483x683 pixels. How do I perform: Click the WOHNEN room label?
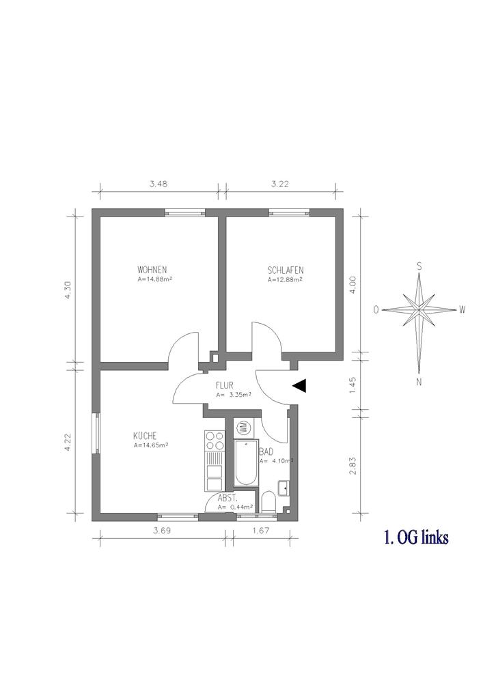click(x=152, y=270)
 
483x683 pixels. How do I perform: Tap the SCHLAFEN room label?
click(x=286, y=270)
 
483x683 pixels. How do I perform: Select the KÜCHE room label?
click(x=145, y=436)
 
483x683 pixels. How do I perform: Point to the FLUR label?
click(x=225, y=385)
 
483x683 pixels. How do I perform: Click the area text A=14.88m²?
click(x=153, y=279)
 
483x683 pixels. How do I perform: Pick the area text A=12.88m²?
click(x=285, y=279)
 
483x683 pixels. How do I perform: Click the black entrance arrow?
click(x=299, y=385)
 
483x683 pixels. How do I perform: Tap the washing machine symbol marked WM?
click(x=243, y=428)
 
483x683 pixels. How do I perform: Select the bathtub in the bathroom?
click(x=246, y=462)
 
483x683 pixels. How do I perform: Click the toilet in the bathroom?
click(x=268, y=502)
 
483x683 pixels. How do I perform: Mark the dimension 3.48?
click(x=158, y=184)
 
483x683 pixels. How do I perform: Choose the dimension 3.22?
click(x=280, y=184)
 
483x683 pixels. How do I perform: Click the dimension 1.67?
click(x=261, y=531)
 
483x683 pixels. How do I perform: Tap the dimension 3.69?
click(x=162, y=531)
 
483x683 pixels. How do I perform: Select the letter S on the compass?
click(x=419, y=266)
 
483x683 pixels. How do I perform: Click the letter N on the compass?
click(x=419, y=382)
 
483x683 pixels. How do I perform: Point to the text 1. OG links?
click(x=416, y=538)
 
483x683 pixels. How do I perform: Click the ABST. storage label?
click(x=227, y=499)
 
